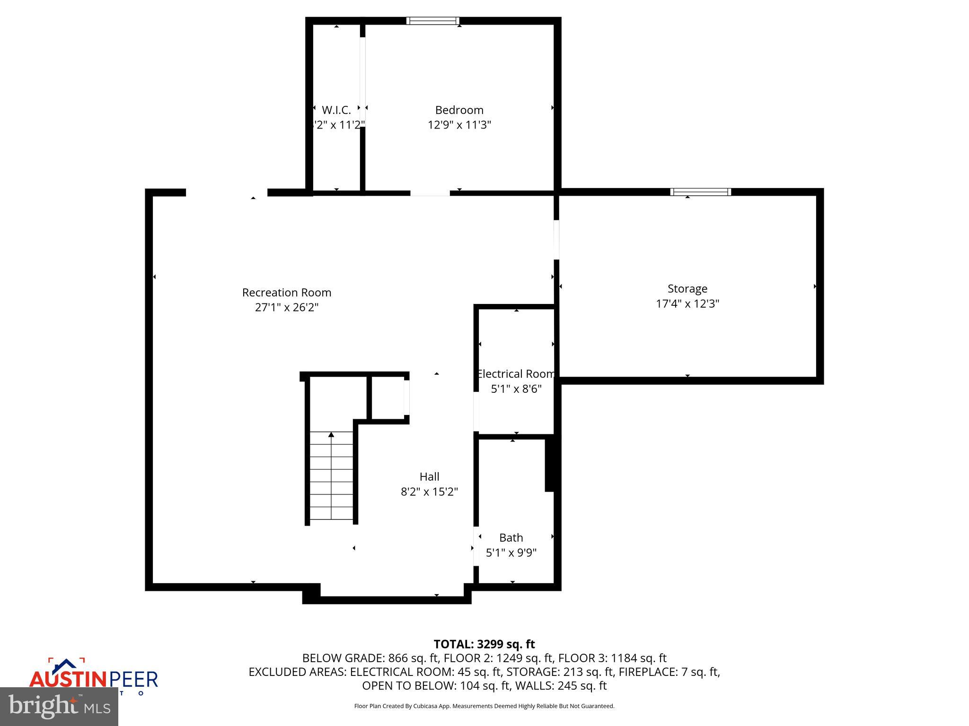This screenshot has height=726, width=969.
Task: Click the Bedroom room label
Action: [459, 110]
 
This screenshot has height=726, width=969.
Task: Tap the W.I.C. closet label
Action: [336, 110]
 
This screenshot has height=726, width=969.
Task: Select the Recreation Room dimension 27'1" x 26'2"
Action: [287, 307]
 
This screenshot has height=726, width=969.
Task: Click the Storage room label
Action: [687, 288]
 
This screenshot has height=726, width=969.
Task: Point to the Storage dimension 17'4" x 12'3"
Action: [687, 303]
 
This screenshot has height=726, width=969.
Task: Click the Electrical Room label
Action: [516, 374]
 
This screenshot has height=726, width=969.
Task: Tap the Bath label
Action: [511, 537]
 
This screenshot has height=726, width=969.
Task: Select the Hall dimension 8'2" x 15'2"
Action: [429, 492]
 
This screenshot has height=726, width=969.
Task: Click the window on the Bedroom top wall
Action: [432, 21]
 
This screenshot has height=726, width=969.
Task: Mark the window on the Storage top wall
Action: [700, 192]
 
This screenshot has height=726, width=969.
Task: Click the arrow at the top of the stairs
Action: [331, 434]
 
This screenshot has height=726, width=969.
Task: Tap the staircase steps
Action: [331, 477]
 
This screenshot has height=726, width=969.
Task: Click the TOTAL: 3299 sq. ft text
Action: [484, 644]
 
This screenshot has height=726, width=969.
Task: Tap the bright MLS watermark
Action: [59, 707]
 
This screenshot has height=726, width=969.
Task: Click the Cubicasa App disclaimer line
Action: [484, 706]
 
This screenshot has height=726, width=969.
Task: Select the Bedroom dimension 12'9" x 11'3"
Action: [459, 125]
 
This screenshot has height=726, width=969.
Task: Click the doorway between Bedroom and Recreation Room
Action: [430, 193]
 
